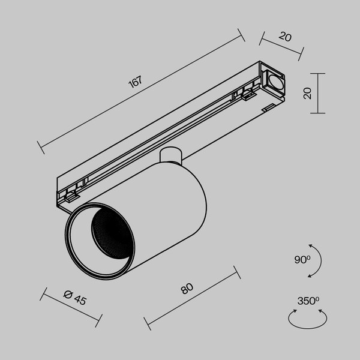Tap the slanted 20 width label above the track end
click(x=285, y=37)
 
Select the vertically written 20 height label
click(x=307, y=93)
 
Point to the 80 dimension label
click(x=187, y=289)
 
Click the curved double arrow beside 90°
click(x=316, y=260)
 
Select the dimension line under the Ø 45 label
click(x=71, y=307)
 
